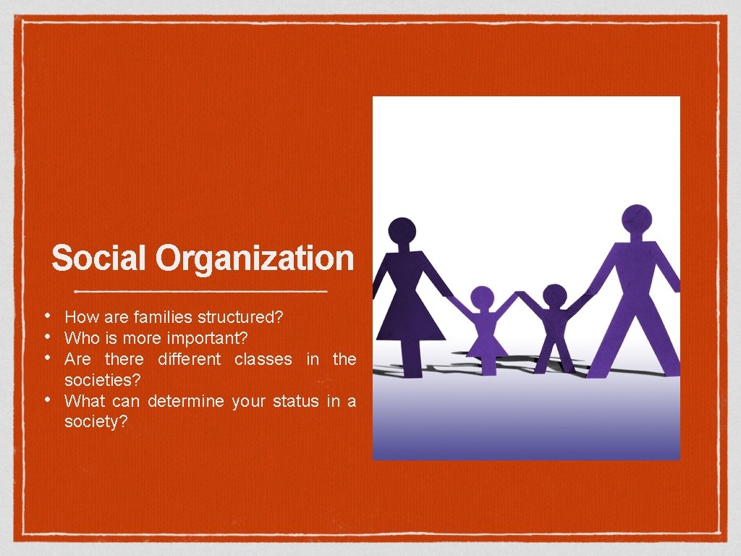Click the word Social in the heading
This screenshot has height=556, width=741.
click(100, 258)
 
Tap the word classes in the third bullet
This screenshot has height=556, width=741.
click(263, 359)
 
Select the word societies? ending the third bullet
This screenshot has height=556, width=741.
click(103, 380)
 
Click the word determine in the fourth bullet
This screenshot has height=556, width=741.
click(186, 401)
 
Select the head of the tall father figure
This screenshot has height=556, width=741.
click(637, 218)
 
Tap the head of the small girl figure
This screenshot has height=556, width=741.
click(483, 298)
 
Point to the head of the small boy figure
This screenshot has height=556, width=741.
click(555, 295)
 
